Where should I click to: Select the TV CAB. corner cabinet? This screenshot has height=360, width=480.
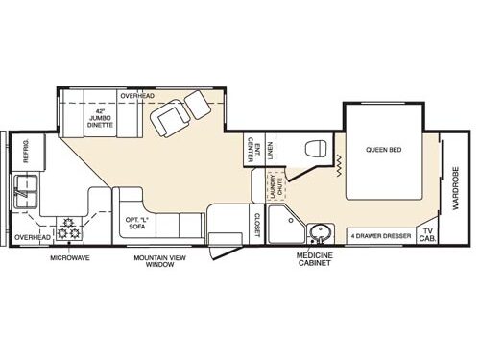(427, 235)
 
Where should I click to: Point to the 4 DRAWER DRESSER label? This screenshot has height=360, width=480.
(381, 235)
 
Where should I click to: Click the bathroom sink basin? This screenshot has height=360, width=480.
(321, 233)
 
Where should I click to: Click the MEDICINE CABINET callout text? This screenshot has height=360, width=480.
(316, 258)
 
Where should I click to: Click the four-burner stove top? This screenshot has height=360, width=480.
(68, 230)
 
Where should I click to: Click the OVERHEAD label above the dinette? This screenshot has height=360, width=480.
(137, 96)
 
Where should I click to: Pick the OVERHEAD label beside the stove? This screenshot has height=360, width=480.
(32, 236)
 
